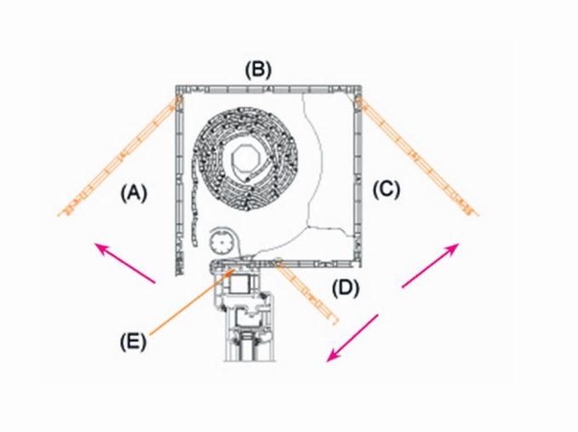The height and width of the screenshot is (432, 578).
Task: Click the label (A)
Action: pos(134,193)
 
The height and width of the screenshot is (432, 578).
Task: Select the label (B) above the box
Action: pos(259,70)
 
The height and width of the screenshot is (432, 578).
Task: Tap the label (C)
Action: pos(386,190)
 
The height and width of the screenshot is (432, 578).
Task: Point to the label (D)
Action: pos(346,288)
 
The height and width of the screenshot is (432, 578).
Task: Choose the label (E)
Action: pos(133,341)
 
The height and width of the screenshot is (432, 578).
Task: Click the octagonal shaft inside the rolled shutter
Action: pos(246,159)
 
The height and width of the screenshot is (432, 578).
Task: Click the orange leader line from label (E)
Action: pos(192,302)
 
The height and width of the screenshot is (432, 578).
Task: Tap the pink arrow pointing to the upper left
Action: pos(125,263)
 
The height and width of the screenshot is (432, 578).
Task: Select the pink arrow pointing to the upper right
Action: pos(430,265)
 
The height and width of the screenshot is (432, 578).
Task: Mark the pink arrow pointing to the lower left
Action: pos(352,338)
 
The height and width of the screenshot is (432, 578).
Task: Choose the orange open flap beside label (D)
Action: pos(306,291)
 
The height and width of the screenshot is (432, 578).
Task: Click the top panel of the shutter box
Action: pos(268,89)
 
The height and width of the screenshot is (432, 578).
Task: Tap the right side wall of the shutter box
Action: pos(358,176)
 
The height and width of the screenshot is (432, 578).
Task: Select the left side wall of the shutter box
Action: pos(179,181)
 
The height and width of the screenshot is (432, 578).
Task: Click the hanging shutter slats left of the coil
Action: pos(194,206)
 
